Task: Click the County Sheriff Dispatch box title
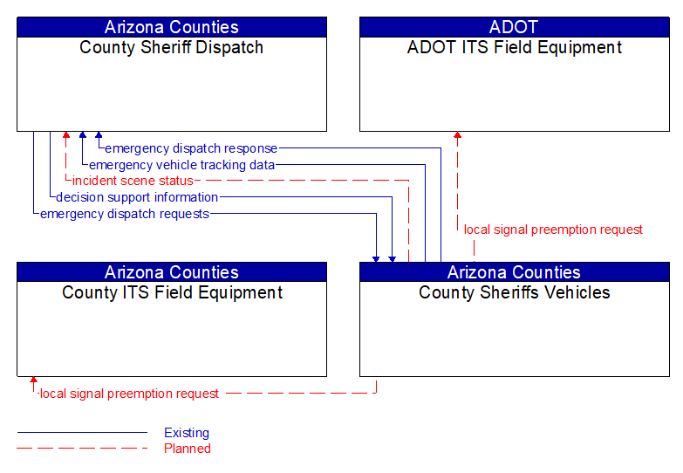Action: coord(171,48)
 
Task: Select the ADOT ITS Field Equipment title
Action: coord(514,48)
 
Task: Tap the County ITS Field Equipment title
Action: coord(172,293)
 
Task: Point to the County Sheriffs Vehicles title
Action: coord(514,293)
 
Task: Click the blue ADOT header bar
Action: coord(514,27)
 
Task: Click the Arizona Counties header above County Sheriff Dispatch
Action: coord(171,27)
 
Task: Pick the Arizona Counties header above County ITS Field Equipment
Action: coord(171,272)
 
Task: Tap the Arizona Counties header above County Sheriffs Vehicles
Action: coord(514,272)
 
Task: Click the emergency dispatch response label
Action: coord(191,148)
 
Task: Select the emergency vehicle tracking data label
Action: coord(181,165)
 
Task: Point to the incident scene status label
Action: coord(133,181)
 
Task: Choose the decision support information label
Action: coord(137,197)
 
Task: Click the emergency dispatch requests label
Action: coord(125,214)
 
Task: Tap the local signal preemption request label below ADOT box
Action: coord(553,230)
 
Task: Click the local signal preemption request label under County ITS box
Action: coord(129,394)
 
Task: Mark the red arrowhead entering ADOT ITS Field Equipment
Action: coord(457,136)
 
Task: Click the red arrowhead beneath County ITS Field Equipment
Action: coord(33,381)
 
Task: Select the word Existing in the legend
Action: coord(187,433)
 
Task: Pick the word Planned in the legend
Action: coord(188,449)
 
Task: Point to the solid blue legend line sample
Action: coord(82,433)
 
